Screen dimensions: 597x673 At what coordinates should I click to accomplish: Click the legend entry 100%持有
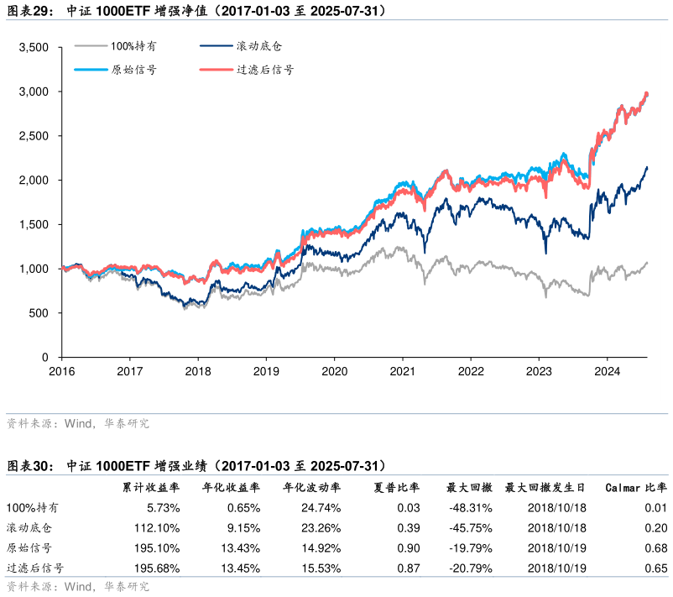133,47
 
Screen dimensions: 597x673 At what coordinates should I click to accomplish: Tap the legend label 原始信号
133,70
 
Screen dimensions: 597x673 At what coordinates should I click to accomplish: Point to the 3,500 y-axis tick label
34,47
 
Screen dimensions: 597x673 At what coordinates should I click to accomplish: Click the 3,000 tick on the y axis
34,92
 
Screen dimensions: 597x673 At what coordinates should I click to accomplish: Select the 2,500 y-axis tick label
34,136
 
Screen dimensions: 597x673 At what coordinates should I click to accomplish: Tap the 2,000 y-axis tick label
34,181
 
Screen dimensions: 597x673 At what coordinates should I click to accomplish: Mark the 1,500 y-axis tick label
34,224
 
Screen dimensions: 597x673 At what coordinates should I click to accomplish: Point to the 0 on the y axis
46,358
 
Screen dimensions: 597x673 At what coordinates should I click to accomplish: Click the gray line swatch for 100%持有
90,47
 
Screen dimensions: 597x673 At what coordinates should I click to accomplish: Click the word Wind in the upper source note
78,424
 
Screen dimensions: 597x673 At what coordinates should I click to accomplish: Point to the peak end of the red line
646,93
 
